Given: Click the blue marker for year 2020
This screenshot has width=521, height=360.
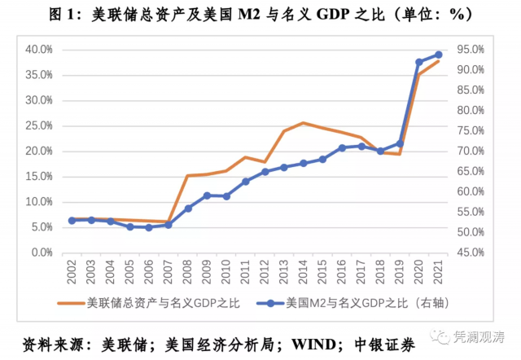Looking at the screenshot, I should (x=419, y=62).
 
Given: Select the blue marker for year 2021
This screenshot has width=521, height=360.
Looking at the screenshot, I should (x=439, y=55).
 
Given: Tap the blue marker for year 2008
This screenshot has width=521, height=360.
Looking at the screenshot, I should (x=188, y=209).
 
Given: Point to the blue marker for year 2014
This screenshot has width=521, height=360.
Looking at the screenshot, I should (x=303, y=163).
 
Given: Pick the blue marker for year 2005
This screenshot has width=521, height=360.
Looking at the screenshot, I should (x=129, y=226).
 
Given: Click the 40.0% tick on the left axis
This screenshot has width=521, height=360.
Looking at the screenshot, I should (x=37, y=50).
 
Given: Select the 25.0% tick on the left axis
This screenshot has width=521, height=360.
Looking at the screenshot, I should (x=37, y=126).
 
